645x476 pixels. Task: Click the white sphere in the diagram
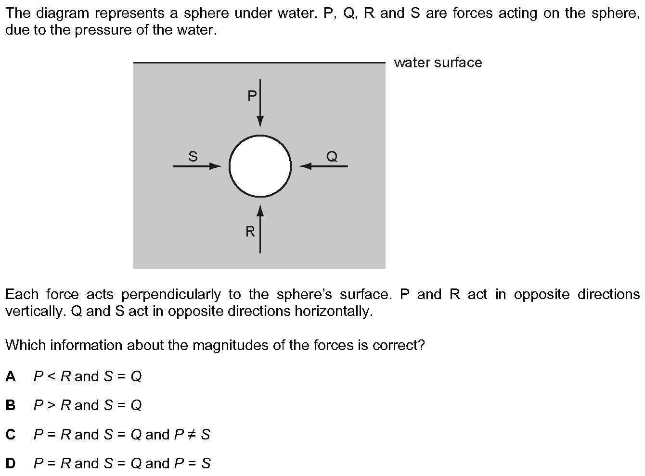(x=260, y=166)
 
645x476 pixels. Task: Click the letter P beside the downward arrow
(x=252, y=96)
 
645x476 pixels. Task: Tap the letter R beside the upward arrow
(x=250, y=232)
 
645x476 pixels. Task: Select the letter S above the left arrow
(x=193, y=156)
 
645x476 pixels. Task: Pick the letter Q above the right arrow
(x=332, y=156)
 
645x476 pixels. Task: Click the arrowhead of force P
(x=260, y=121)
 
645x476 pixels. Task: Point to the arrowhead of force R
(x=260, y=211)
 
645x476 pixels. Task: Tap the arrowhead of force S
(x=215, y=166)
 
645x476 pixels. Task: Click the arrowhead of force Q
(x=305, y=166)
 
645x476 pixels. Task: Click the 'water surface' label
(x=438, y=63)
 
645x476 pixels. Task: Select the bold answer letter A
(x=11, y=376)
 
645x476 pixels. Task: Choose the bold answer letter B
(x=11, y=405)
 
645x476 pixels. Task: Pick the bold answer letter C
(x=11, y=435)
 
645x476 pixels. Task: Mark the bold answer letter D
(x=11, y=463)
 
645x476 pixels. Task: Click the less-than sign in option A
(x=51, y=376)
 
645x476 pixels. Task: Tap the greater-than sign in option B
(x=51, y=405)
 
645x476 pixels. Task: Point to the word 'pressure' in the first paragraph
(x=103, y=30)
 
